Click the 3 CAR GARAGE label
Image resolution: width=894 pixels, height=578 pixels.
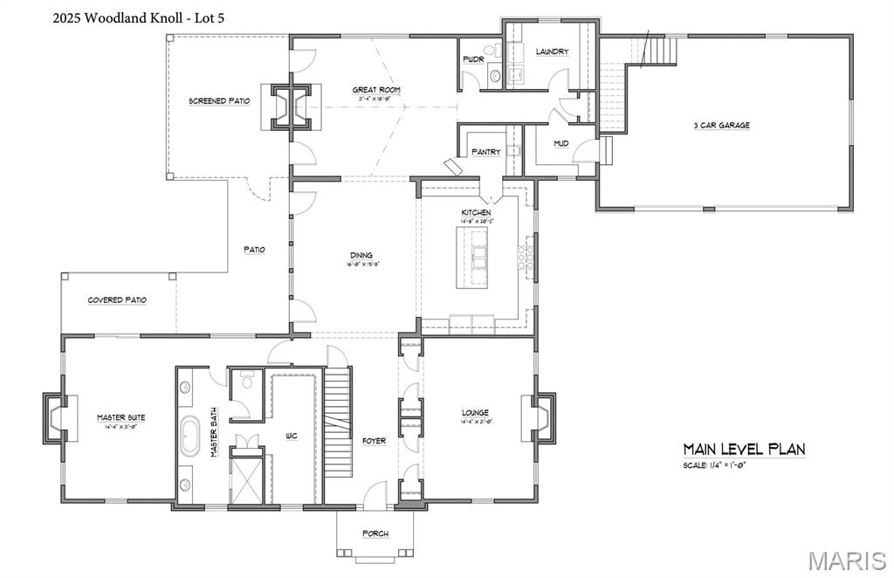click(x=721, y=125)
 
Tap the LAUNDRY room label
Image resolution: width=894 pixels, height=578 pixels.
click(x=552, y=52)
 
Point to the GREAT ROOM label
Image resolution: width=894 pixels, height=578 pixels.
click(x=376, y=90)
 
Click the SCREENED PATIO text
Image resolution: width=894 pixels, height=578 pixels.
click(x=219, y=101)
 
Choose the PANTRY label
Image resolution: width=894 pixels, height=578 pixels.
click(x=486, y=152)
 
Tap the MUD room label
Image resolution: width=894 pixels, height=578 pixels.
click(x=561, y=142)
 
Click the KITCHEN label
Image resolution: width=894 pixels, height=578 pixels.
click(x=476, y=212)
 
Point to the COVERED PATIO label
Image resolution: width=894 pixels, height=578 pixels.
click(x=117, y=300)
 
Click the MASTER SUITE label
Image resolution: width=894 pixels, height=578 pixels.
click(x=120, y=417)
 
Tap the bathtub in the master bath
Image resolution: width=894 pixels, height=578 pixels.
click(x=189, y=437)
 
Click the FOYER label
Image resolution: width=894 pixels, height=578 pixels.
click(x=374, y=441)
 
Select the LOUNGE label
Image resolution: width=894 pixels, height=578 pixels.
click(x=475, y=412)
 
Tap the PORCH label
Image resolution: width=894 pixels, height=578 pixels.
click(x=375, y=533)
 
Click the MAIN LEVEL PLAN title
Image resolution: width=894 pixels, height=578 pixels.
click(x=743, y=449)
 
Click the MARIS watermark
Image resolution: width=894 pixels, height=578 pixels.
click(x=848, y=559)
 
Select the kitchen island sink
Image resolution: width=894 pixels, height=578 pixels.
click(x=479, y=258)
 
